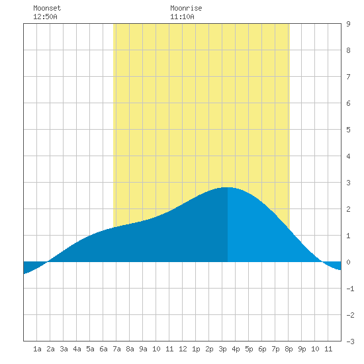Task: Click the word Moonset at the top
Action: [x=47, y=8]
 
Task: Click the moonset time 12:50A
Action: [x=45, y=17]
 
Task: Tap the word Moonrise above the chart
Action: [x=186, y=8]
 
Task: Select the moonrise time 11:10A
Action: [x=182, y=17]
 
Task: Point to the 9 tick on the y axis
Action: [x=348, y=24]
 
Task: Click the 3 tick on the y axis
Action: [x=348, y=183]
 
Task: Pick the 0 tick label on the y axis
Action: [x=348, y=262]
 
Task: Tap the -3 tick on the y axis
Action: [x=350, y=341]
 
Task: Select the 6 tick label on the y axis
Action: [x=348, y=103]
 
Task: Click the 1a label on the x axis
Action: [x=37, y=349]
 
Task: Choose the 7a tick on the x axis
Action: [x=116, y=349]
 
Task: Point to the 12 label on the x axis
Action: [x=183, y=349]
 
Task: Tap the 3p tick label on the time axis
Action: [x=222, y=349]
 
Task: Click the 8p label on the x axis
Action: [x=289, y=349]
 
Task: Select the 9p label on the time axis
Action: [x=302, y=349]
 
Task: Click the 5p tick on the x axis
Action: [x=249, y=349]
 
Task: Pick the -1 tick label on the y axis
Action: [x=350, y=289]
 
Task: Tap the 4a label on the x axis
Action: [x=77, y=349]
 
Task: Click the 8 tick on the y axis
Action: [x=348, y=50]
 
